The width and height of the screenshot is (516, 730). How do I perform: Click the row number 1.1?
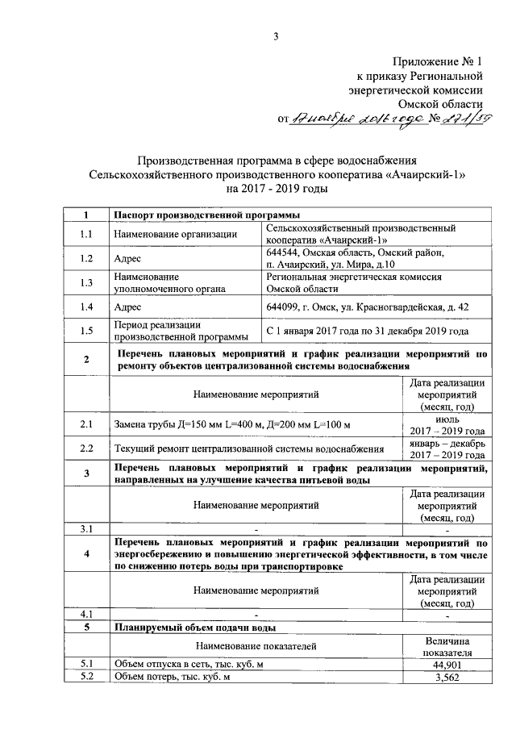[86, 235]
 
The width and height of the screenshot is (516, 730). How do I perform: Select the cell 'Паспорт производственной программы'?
[206, 215]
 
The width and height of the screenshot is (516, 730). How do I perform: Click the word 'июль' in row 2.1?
[446, 419]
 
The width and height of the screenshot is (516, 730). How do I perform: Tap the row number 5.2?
[86, 677]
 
